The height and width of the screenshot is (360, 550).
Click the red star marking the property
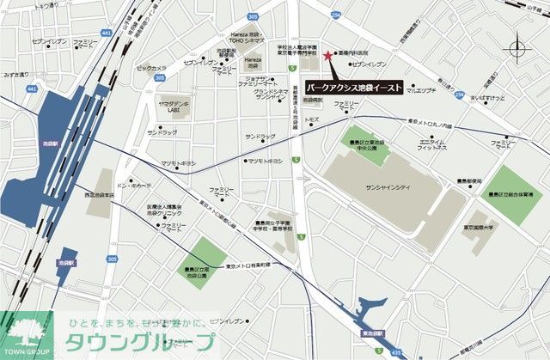coord(327,56)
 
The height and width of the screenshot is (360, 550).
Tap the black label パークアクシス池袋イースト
coord(355,87)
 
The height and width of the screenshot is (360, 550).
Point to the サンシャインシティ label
coord(388,186)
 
